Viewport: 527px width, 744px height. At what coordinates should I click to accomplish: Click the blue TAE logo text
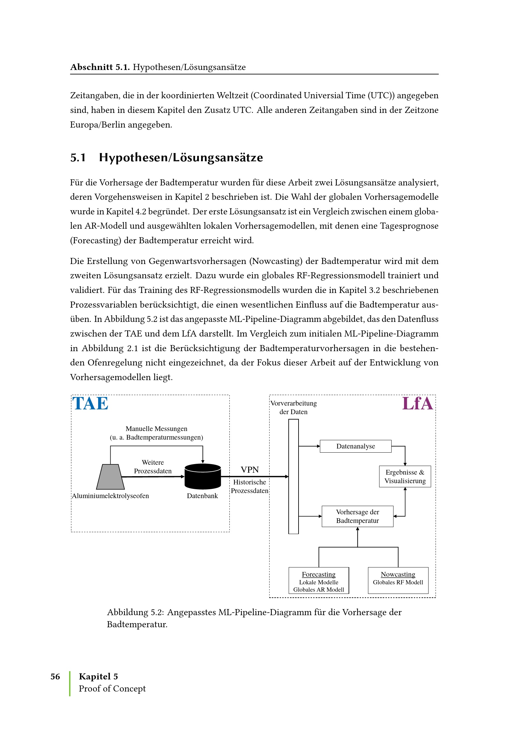[x=90, y=404]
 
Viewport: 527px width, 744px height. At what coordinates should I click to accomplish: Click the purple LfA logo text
[x=417, y=404]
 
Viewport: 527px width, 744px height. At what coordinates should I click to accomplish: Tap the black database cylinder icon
[x=203, y=476]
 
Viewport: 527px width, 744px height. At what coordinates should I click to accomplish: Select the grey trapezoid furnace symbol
[x=110, y=477]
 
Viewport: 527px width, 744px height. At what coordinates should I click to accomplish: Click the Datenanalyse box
[x=355, y=446]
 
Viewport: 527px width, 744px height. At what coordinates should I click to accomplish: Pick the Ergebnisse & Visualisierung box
[x=405, y=476]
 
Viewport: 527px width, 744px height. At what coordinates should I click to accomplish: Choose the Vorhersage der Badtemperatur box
[x=357, y=516]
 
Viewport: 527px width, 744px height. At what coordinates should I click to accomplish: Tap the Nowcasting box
[x=398, y=580]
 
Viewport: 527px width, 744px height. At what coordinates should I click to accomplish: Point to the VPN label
[x=249, y=470]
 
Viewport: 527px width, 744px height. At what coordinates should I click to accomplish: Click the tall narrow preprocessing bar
[x=293, y=476]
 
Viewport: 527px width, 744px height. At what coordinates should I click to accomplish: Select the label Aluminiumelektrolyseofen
[x=110, y=496]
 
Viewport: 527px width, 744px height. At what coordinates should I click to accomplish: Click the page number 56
[x=55, y=676]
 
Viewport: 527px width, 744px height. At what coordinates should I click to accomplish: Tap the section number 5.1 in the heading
[x=78, y=157]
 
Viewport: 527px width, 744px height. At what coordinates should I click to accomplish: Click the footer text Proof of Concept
[x=112, y=688]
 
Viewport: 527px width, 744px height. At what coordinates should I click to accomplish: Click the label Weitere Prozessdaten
[x=153, y=467]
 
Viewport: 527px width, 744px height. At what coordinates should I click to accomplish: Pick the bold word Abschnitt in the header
[x=91, y=67]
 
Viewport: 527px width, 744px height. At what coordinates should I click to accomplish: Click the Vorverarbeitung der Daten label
[x=293, y=407]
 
